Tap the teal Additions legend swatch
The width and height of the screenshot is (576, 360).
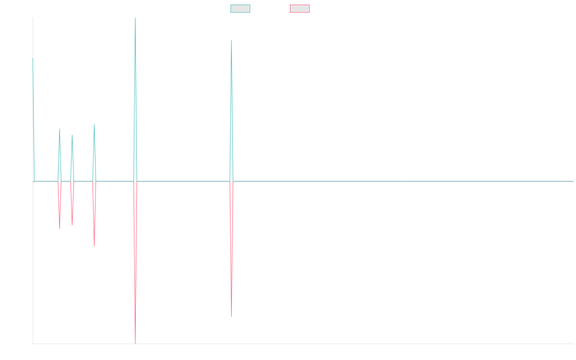click(240, 9)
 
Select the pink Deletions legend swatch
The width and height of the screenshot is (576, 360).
click(300, 9)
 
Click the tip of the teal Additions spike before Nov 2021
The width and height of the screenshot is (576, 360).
click(231, 40)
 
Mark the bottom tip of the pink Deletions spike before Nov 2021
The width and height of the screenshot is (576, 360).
click(231, 317)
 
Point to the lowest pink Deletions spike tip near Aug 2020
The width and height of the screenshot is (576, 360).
click(135, 343)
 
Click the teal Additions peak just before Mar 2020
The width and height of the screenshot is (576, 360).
click(94, 125)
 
